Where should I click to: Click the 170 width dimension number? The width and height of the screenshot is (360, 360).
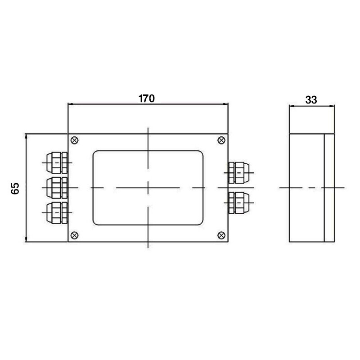coord(147,99)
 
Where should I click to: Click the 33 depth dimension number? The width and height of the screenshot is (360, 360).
coord(311,100)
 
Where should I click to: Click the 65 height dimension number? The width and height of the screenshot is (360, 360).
coord(15,188)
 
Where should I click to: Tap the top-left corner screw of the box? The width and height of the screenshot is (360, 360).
coord(75,140)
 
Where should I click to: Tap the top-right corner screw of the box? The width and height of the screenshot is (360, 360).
coord(221,140)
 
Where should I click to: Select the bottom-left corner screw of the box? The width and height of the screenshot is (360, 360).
coord(75,234)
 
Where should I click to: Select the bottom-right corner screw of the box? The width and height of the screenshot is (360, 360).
coord(221,234)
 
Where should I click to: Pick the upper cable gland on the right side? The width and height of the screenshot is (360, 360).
coord(238,173)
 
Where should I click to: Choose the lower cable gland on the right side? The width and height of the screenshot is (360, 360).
coord(238,203)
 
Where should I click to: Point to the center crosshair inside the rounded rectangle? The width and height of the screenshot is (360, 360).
coord(148,187)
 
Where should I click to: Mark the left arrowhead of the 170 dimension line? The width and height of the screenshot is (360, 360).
coord(70,104)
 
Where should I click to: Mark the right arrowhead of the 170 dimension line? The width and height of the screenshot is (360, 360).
coord(226,104)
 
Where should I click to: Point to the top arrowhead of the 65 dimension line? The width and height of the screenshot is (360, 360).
coord(27,136)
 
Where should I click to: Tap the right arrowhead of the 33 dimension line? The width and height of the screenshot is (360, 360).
coord(333,107)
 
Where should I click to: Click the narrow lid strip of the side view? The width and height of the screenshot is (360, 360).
coord(329,187)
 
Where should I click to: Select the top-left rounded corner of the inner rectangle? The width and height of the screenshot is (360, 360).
coord(95,153)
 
